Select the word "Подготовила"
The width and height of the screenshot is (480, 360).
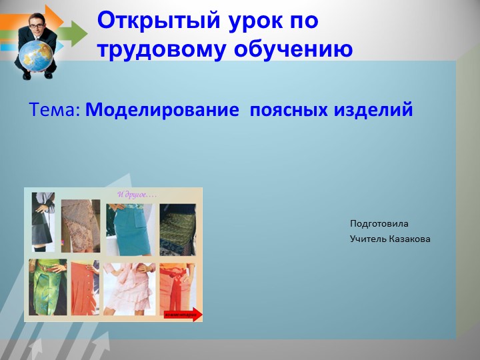379,223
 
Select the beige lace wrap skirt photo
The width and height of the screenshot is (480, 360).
81,227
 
